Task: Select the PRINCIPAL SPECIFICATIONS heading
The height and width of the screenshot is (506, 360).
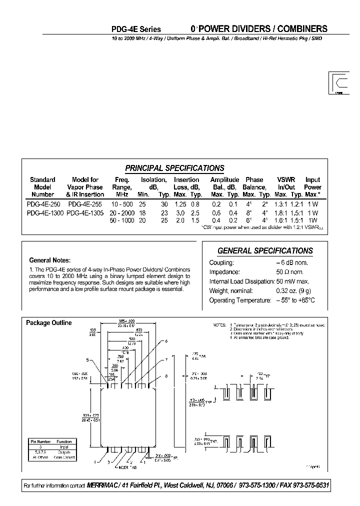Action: pos(174,168)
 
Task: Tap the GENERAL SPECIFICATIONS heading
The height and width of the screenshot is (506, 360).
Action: pos(265,250)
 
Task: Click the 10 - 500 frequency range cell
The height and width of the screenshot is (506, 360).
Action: pos(122,204)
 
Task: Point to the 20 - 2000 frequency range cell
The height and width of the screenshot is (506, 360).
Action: pos(122,212)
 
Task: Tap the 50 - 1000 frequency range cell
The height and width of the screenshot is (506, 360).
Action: pos(122,220)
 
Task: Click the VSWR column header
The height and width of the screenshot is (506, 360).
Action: pos(286,179)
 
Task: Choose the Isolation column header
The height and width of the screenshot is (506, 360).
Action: pos(153,179)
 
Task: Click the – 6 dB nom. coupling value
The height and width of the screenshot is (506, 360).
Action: pos(291,262)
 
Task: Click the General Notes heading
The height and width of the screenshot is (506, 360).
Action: pos(50,260)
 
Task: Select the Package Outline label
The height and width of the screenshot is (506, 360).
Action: pos(48,322)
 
